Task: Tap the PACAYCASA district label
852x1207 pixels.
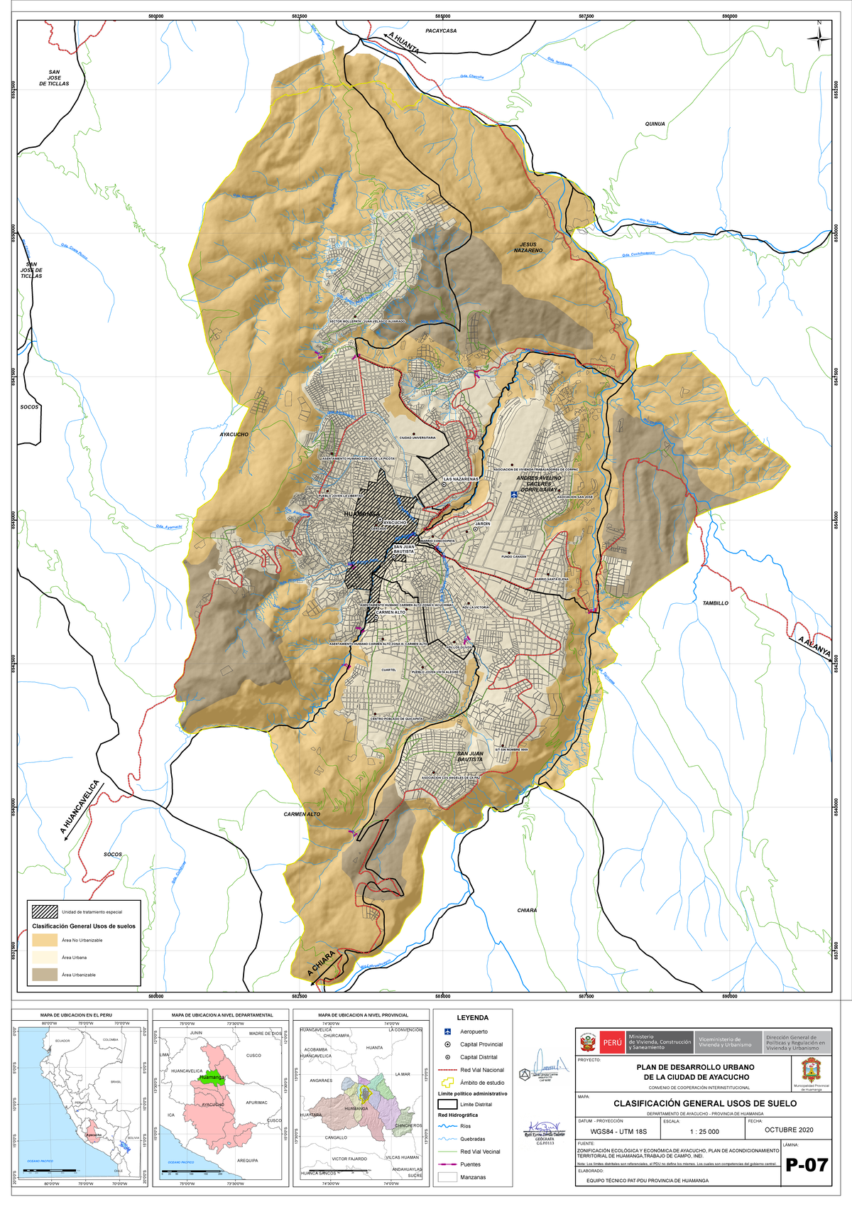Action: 441,31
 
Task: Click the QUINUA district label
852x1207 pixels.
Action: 655,124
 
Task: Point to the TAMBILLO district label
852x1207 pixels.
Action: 715,603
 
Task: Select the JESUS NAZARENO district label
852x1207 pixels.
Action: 528,247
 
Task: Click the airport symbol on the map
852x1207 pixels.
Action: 513,494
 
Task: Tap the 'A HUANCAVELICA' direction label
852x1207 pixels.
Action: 80,808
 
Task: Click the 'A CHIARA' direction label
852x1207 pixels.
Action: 321,963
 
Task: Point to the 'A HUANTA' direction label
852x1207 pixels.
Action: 403,43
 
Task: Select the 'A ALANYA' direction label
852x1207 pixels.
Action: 814,647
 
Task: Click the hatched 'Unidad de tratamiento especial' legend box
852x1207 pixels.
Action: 45,911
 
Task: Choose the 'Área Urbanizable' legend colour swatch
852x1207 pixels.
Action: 45,975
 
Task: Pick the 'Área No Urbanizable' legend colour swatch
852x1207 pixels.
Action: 45,940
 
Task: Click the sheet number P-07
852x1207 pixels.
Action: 807,1165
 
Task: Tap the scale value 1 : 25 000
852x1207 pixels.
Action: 704,1132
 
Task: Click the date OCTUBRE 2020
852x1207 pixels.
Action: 789,1130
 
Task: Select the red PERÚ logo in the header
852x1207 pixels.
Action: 612,1043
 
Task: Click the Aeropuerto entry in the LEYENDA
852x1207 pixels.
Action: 474,1032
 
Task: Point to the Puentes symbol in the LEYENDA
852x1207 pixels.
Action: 447,1164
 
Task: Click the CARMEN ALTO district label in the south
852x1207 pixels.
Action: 302,814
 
